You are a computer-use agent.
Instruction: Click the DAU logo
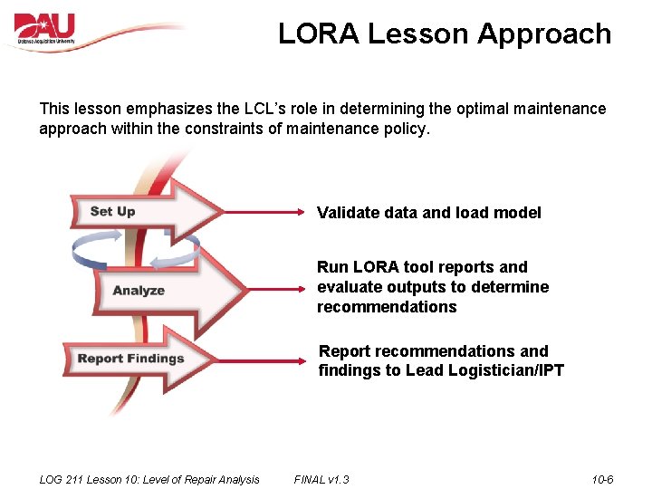coord(45,29)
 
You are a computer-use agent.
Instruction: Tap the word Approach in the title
coord(544,34)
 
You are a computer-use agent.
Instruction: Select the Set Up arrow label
coord(113,211)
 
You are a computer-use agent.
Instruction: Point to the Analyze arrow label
coord(139,291)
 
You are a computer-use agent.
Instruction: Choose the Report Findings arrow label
coord(130,359)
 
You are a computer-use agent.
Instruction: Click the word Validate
coord(345,213)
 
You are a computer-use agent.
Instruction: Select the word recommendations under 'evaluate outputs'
coord(387,307)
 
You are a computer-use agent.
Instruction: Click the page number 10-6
coord(602,479)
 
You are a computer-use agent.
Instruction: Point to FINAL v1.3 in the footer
coord(321,479)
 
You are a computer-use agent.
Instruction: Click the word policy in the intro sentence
coord(403,129)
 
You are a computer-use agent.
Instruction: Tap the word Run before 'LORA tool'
coord(331,267)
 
